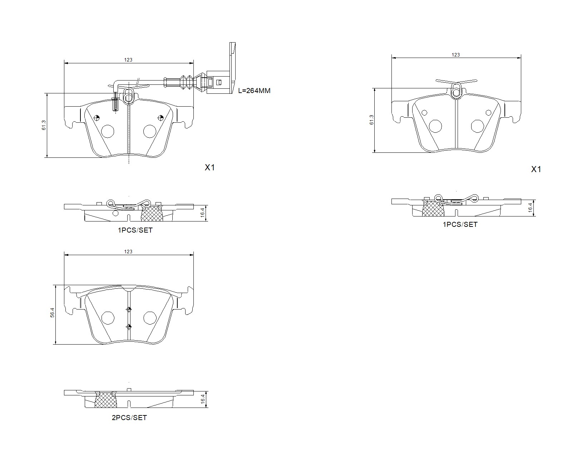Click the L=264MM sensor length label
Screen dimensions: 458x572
tap(254, 91)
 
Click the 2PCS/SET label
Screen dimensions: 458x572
tap(129, 418)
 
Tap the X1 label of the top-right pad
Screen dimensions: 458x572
tap(536, 170)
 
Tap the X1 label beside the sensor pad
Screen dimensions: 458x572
tap(209, 167)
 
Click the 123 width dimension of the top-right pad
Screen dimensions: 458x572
tap(455, 55)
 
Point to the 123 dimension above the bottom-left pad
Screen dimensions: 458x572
tap(128, 252)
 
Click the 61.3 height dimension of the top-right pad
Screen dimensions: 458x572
tap(371, 120)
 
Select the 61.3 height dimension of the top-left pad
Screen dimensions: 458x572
tap(44, 125)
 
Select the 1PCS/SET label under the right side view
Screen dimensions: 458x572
tap(460, 224)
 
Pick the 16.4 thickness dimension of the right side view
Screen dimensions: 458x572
tap(530, 207)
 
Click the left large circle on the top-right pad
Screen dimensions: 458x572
tap(435, 126)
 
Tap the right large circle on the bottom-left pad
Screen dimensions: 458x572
tap(149, 317)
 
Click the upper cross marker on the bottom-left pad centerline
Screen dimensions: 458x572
tap(129, 309)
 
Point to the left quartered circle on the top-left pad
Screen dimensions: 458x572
tap(97, 117)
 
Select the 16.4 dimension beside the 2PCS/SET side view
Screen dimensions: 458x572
tap(203, 399)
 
